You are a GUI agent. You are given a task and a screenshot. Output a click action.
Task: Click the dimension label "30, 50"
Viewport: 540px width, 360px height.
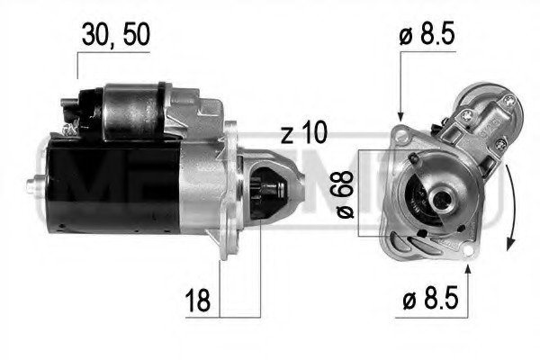pos(113,33)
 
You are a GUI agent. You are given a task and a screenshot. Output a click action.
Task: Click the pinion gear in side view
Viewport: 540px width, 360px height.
pos(262,193)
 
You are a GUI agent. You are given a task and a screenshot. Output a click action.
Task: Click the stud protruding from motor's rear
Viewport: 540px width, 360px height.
pos(33,187)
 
